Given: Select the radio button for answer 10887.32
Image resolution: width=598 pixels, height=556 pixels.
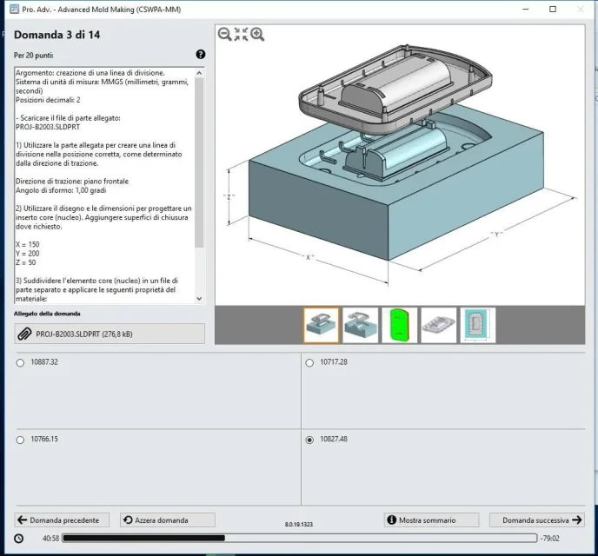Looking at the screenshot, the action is (20, 363).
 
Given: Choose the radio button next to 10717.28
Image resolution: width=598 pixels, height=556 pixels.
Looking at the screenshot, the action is (309, 363).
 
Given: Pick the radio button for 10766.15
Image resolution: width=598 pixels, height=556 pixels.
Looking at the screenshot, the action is (20, 440).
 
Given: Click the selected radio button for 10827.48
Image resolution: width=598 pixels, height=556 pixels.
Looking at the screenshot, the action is (309, 440).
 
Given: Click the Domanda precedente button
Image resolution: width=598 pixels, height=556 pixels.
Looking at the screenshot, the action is (62, 520).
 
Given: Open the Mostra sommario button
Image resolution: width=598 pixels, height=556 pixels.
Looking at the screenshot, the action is (431, 520).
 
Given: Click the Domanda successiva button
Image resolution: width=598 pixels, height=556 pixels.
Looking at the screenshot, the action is (537, 520).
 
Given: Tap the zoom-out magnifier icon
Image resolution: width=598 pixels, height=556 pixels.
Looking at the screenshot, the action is (224, 34).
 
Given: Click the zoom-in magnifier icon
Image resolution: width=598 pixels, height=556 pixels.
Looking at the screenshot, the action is (257, 34).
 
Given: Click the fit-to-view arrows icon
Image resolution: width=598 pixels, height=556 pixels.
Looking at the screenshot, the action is (241, 34).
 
